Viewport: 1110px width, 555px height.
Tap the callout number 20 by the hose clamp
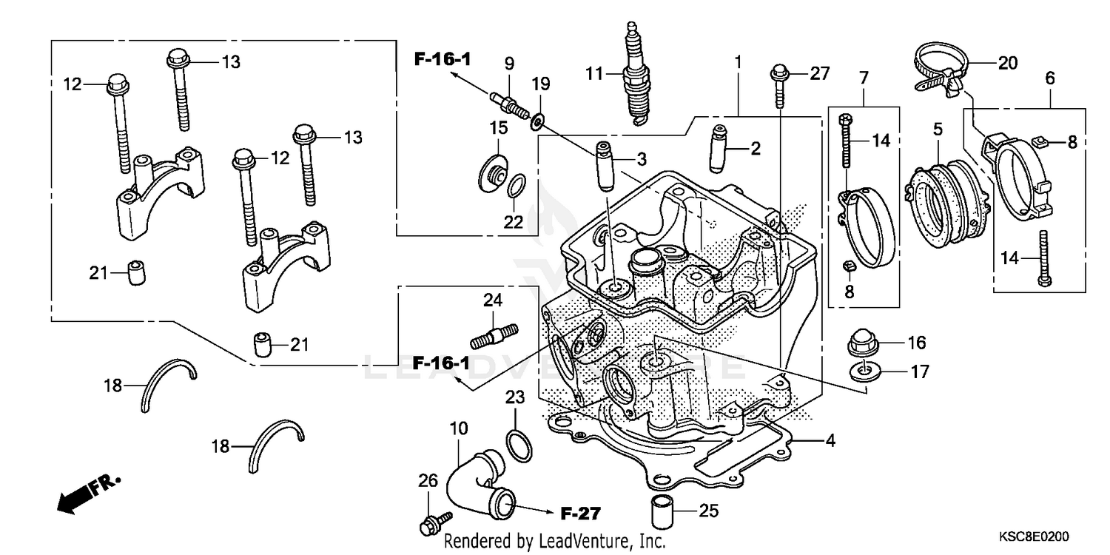coord(1008,64)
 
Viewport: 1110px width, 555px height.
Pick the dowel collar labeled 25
coord(661,511)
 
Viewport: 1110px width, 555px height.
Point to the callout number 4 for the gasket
coord(830,441)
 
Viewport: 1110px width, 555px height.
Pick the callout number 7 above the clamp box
coord(864,78)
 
